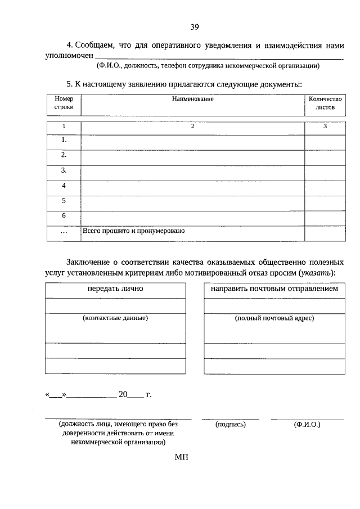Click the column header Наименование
(x=193, y=99)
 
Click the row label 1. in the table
(x=64, y=139)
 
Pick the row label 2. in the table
(x=64, y=154)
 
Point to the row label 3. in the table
(x=64, y=170)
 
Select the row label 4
(x=64, y=185)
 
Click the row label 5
(x=64, y=200)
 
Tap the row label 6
(x=64, y=215)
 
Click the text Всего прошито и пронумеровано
(x=134, y=231)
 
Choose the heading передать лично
(x=115, y=289)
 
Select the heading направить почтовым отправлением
(x=274, y=289)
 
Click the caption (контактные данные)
(x=115, y=318)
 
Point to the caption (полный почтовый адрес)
(x=274, y=318)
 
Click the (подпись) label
(x=231, y=425)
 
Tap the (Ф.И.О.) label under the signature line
(x=307, y=425)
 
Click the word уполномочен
(x=69, y=56)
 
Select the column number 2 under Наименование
(x=192, y=127)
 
